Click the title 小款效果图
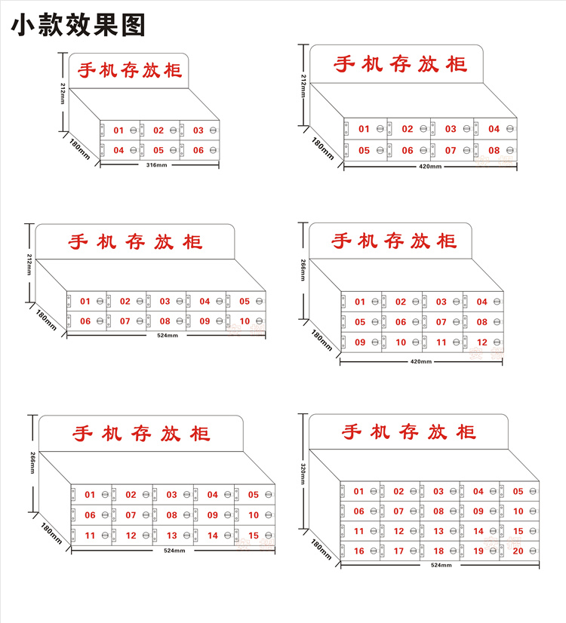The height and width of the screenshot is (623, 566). pos(78,25)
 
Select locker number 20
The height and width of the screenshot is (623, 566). pos(518,551)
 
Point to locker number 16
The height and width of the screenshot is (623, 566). pos(359,551)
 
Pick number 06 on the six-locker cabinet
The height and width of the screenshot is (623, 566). pos(198,150)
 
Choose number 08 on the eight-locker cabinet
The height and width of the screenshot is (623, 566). pos(494,150)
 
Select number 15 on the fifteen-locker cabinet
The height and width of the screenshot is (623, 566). pos(254,536)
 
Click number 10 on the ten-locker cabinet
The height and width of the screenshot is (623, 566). pos(245,321)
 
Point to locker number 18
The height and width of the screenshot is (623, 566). pos(438,551)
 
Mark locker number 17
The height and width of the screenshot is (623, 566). pos(398,551)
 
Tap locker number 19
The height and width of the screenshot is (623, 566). pos(478,551)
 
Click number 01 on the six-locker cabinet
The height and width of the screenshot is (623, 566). pos(118,130)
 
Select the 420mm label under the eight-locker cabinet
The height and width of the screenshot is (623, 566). pos(429,166)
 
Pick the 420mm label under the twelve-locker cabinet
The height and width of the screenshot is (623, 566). pos(420,362)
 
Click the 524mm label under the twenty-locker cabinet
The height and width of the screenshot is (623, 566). pos(441,564)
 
